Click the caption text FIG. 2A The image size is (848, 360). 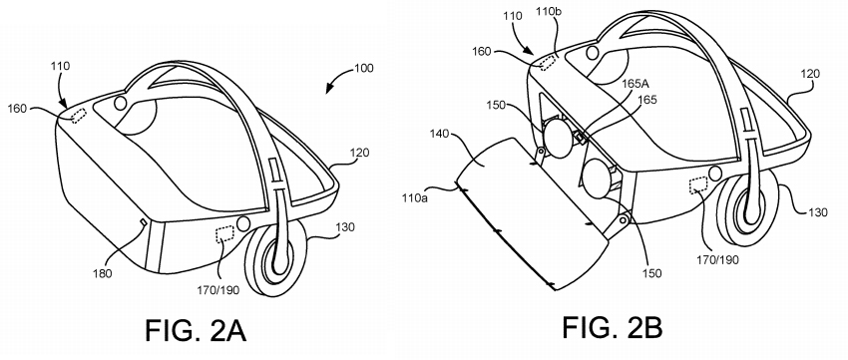[196, 331]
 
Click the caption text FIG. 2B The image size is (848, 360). [613, 327]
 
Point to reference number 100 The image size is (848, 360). [364, 69]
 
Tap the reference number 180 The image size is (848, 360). [102, 273]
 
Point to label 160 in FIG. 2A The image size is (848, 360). [17, 109]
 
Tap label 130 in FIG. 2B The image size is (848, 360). [817, 212]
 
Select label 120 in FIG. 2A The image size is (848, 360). [359, 153]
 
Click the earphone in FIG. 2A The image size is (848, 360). [274, 263]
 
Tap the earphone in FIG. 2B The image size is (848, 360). [748, 207]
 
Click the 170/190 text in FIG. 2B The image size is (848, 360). [717, 260]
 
